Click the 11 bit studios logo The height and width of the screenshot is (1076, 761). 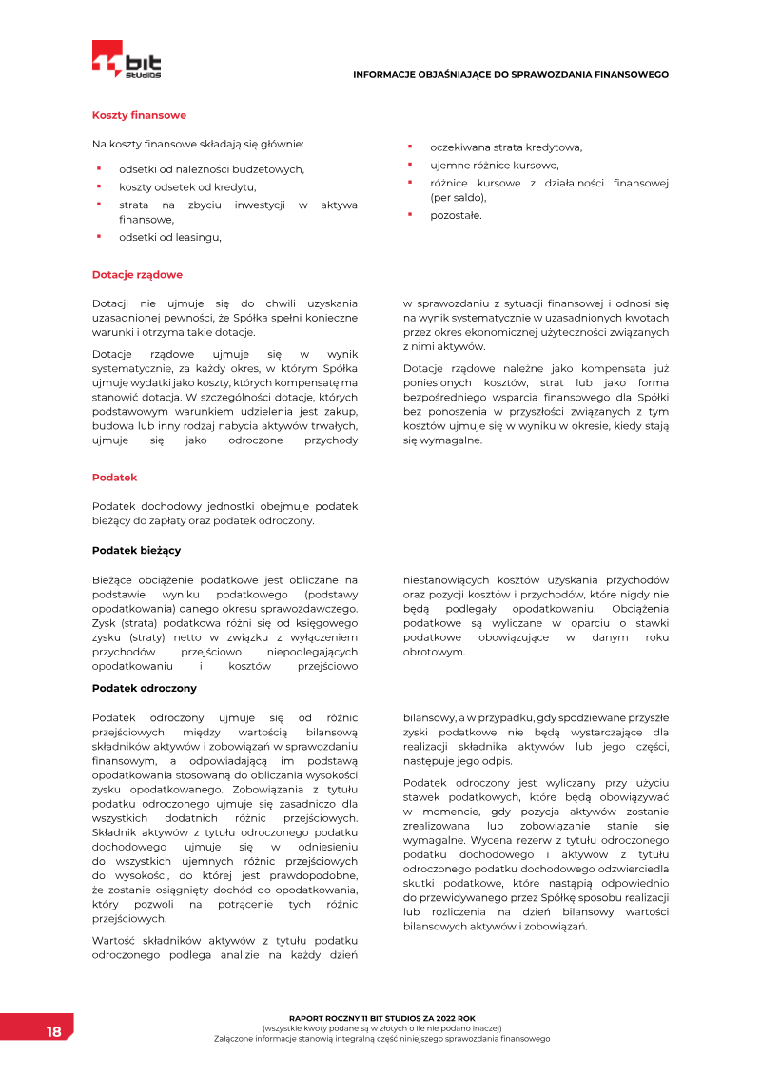click(127, 60)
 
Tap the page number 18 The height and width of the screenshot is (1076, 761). click(53, 1032)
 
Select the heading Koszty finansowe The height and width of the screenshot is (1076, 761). click(139, 115)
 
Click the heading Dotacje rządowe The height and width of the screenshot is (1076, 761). click(137, 275)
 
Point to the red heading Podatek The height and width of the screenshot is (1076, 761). click(114, 476)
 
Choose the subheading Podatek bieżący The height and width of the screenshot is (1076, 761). click(136, 550)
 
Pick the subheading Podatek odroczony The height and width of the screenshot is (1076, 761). click(144, 688)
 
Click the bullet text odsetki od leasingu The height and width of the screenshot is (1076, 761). click(169, 237)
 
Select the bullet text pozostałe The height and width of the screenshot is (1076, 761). click(456, 215)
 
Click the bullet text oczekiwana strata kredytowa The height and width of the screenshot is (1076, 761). click(505, 147)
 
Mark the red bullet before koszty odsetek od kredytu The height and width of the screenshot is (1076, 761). click(98, 186)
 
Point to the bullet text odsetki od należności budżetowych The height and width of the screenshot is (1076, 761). click(211, 169)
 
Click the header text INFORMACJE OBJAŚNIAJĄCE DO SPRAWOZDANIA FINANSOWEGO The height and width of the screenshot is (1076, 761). click(511, 74)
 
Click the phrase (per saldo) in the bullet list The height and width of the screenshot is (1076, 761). click(458, 198)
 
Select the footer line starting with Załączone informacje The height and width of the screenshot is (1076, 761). click(381, 1039)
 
